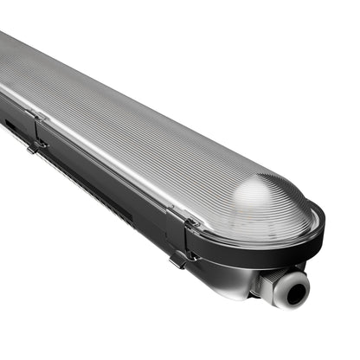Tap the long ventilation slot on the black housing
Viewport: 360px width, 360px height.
pos(87,187)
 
